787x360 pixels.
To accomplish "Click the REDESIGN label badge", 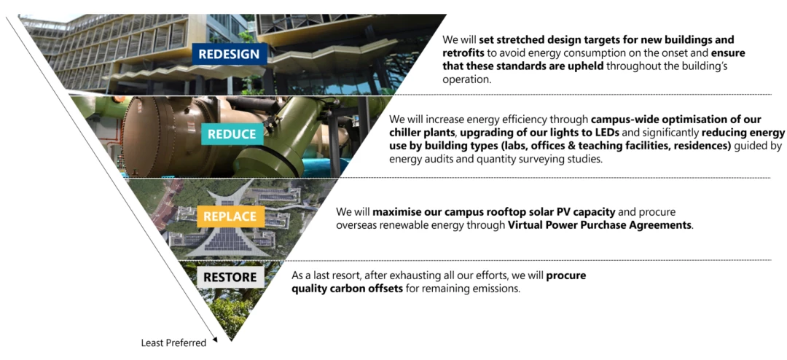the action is (x=230, y=54).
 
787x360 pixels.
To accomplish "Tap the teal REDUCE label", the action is (x=232, y=134).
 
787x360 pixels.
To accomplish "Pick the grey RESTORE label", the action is (x=230, y=277).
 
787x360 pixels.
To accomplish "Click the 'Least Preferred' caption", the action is (x=173, y=343).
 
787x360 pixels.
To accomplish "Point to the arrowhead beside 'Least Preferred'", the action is (x=214, y=340).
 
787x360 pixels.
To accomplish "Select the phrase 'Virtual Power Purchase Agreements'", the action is (x=600, y=224).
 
